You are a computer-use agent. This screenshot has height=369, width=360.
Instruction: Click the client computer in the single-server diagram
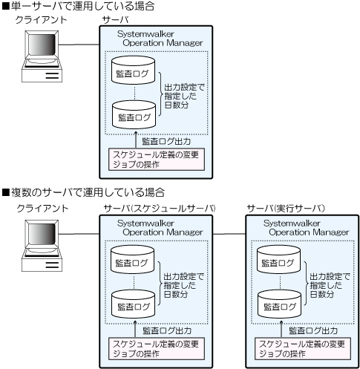pos(42,56)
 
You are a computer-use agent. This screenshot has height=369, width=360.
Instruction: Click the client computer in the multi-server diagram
pos(42,246)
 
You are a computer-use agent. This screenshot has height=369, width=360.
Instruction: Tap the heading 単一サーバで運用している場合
pos(79,6)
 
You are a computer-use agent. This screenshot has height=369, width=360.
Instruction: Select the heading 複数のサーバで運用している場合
pos(83,192)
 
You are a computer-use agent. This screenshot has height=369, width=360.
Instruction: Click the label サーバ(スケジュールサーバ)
pos(160,209)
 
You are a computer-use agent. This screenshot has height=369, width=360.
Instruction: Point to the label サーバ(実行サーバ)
pos(286,209)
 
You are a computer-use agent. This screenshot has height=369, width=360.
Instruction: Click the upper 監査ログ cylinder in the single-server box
pos(133,70)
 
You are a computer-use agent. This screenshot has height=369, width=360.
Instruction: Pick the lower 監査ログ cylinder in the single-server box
pos(134,114)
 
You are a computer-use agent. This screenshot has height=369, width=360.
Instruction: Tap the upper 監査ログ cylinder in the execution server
pos(278,259)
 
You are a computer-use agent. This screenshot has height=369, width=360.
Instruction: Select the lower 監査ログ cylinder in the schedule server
pos(133,304)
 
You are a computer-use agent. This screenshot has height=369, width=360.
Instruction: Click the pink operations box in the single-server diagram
pos(157,160)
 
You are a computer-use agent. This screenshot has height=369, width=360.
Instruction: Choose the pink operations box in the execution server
pos(303,348)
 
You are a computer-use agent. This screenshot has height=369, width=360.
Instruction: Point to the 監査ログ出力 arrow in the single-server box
pos(136,140)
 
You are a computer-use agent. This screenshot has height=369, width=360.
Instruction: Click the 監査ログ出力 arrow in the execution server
pos(281,329)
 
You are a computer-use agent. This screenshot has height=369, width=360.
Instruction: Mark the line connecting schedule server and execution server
pos(229,234)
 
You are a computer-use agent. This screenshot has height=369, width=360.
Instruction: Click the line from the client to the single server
pos(79,45)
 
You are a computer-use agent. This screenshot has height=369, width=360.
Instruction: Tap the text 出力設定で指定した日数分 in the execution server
pos(330,285)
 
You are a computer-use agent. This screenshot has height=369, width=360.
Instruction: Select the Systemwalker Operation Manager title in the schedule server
pos(160,228)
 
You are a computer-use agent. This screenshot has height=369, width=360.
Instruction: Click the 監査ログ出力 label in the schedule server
pos(167,330)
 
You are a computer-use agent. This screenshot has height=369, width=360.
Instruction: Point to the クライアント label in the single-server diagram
pos(42,20)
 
